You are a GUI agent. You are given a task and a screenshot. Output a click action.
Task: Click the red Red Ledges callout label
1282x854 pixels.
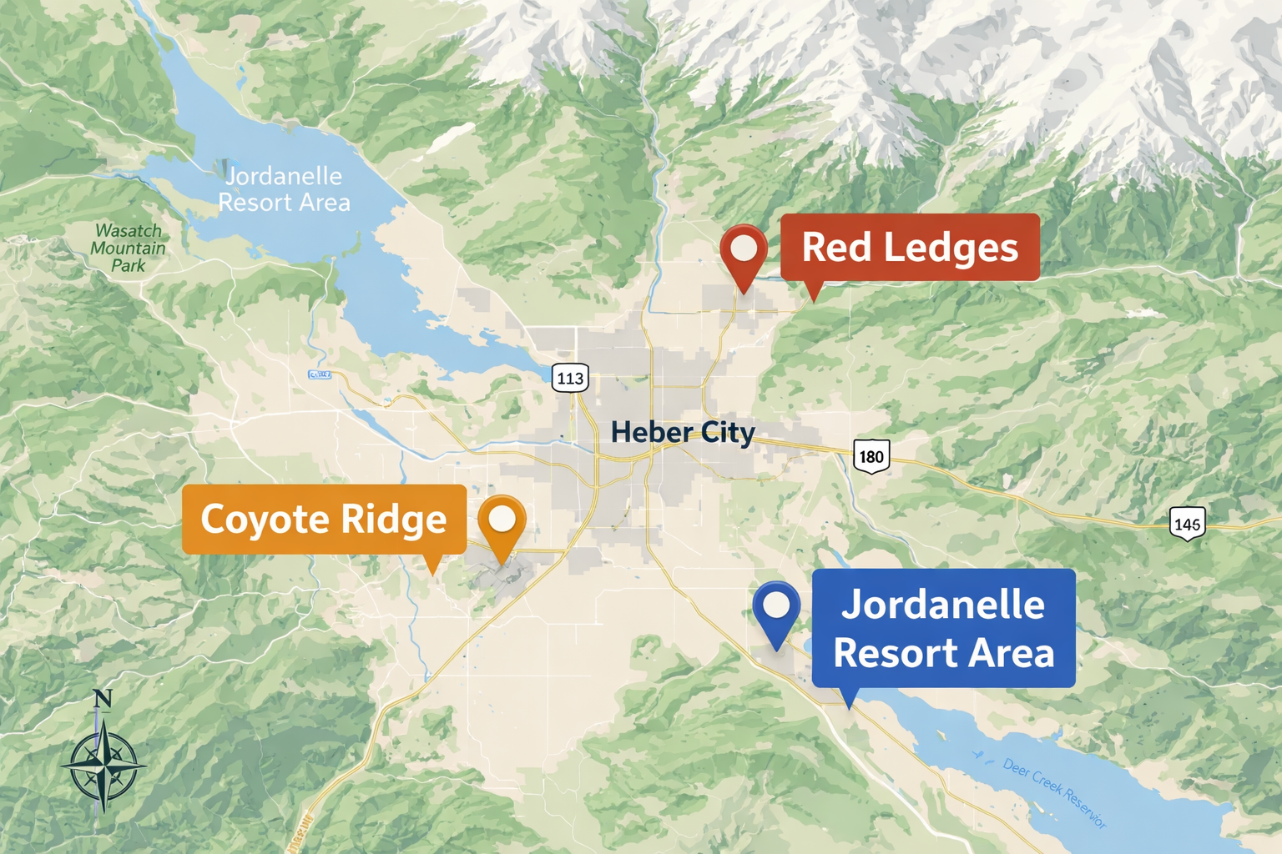tap(910, 247)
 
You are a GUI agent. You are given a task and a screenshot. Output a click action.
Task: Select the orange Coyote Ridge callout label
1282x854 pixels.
tap(324, 520)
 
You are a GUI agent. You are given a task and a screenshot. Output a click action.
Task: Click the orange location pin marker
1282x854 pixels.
tap(502, 520)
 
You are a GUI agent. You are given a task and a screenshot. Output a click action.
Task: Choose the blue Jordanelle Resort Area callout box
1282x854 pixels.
tap(943, 628)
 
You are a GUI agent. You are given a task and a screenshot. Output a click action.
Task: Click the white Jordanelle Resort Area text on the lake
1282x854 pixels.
tap(284, 189)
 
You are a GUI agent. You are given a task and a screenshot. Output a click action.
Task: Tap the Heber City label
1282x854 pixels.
tap(683, 432)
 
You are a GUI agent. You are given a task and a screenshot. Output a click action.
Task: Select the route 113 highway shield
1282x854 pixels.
tap(570, 378)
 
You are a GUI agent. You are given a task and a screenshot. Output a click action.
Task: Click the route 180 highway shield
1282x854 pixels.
tap(871, 456)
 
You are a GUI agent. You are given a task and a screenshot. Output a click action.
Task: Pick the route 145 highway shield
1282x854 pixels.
tap(1187, 524)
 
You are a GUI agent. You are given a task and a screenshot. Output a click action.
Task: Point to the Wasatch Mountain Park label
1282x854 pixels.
tap(129, 248)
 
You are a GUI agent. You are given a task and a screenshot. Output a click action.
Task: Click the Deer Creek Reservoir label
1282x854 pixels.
tap(1055, 792)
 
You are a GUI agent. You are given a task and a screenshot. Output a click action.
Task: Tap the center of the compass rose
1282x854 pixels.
tap(103, 764)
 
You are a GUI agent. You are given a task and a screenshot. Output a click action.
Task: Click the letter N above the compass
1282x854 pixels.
tap(102, 698)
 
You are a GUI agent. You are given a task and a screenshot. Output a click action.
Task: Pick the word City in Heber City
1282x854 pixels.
tap(728, 432)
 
